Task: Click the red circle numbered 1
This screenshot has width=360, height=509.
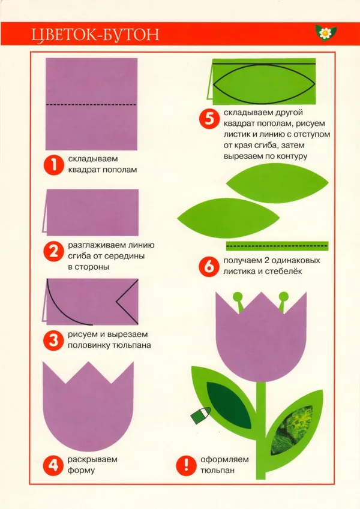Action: (53, 165)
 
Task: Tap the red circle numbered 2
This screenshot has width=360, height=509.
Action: (53, 252)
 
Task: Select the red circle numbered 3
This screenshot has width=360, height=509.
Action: (53, 340)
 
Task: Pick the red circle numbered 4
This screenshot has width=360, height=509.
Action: (53, 465)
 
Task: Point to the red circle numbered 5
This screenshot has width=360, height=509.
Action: (209, 119)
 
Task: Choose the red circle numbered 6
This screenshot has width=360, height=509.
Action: (209, 267)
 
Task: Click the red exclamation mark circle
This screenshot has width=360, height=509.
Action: (186, 465)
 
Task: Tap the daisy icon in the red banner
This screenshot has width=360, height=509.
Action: (325, 32)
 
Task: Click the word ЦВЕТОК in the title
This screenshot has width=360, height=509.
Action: (59, 35)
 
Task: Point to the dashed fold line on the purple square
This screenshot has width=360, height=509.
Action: (91, 104)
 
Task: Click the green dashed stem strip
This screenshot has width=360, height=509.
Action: (277, 246)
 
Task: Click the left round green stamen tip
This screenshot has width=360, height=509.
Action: (238, 297)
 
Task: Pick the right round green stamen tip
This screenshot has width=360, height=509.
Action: (284, 296)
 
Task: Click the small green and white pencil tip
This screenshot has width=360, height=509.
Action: (201, 415)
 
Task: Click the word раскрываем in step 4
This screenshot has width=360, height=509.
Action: (92, 460)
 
